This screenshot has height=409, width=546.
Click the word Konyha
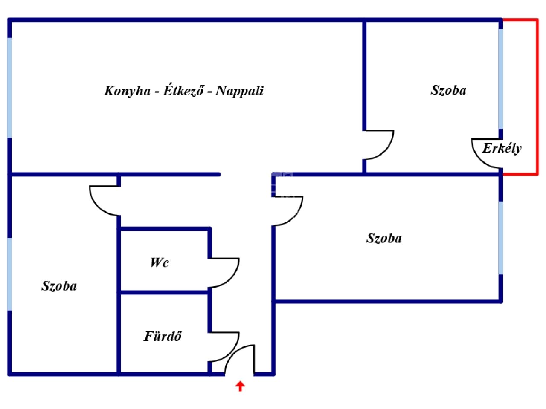[127, 91]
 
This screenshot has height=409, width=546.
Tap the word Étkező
[183, 91]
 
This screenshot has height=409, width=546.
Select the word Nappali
[239, 91]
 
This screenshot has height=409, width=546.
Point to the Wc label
[159, 262]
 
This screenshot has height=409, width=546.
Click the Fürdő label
[163, 336]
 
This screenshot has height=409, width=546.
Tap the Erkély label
[502, 148]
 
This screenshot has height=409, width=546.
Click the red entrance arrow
[240, 386]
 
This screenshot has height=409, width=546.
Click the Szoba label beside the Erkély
[448, 90]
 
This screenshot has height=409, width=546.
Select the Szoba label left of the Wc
[59, 286]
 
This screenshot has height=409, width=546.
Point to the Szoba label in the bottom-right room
[384, 238]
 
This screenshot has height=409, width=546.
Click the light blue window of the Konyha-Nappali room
[9, 87]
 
